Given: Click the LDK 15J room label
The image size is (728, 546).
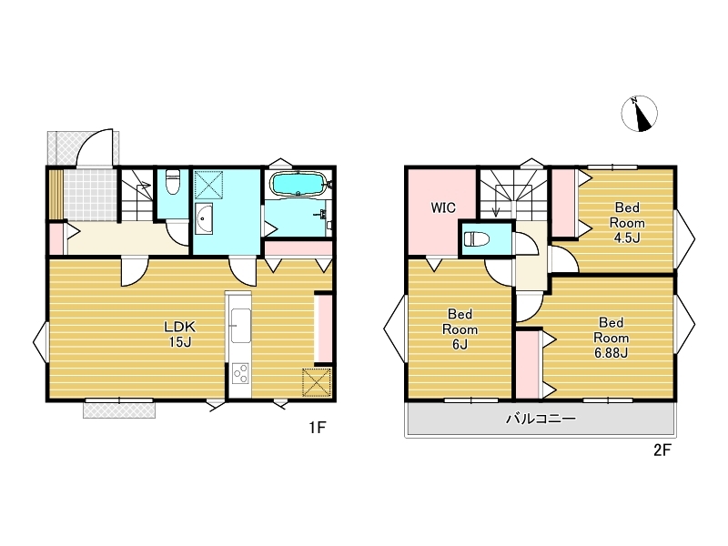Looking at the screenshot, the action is tap(180, 334).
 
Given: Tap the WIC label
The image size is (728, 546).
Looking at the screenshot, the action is tap(443, 207).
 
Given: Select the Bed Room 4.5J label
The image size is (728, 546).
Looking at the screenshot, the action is tap(627, 222).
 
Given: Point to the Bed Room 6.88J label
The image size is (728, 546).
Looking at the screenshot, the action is tap(611, 338).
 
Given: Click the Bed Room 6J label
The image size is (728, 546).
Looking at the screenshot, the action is tap(460, 329).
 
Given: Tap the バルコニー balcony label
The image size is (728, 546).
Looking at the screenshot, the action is tap(541, 419).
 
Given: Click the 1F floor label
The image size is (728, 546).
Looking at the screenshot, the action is tap(318, 427).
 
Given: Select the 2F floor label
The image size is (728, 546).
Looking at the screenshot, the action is tap(662, 450).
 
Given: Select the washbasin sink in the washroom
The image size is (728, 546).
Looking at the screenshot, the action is tap(204, 219).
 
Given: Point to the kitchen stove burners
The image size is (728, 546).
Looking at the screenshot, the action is tap(241, 373).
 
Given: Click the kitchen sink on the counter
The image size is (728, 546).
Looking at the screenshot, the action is tap(241, 326).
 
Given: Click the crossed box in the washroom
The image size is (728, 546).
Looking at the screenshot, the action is tap(208, 185).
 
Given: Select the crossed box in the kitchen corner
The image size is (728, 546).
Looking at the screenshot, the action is tap(317, 382).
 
